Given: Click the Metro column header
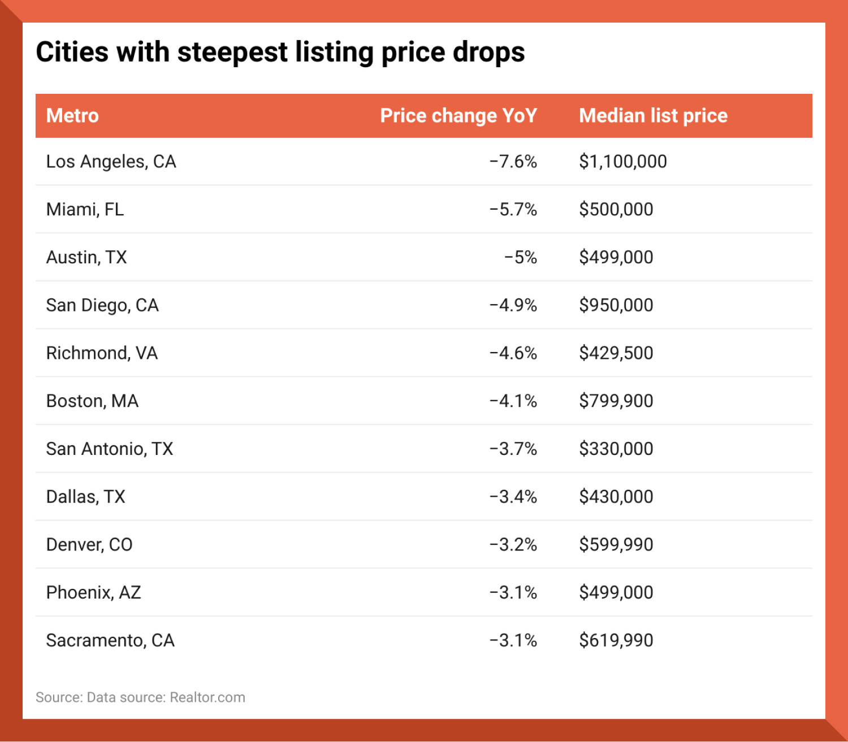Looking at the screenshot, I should point(72,116).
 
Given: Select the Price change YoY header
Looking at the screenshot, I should point(458,116).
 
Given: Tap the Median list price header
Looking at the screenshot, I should point(653,116).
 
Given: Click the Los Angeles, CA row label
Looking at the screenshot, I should point(111,162).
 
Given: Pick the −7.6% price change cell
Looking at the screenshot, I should point(513,162).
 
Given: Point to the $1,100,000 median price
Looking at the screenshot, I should point(622,162).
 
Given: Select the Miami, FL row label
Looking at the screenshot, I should point(85,210).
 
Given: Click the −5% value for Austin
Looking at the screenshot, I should point(520,258).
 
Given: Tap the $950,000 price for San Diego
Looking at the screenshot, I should point(616,305).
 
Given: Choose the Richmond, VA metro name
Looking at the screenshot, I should point(102,353).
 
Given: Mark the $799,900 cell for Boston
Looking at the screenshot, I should point(616,401).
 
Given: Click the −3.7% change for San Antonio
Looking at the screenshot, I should point(513,449).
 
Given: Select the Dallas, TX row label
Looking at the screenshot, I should point(85,497).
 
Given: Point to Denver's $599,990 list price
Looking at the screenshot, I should point(616,545).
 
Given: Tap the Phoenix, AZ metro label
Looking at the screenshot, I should point(93,593).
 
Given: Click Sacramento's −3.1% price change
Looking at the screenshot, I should point(513,640).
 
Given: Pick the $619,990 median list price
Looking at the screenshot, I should point(616,640).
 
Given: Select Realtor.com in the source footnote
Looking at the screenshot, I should point(207,697).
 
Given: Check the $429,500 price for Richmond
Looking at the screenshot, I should point(616,353).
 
